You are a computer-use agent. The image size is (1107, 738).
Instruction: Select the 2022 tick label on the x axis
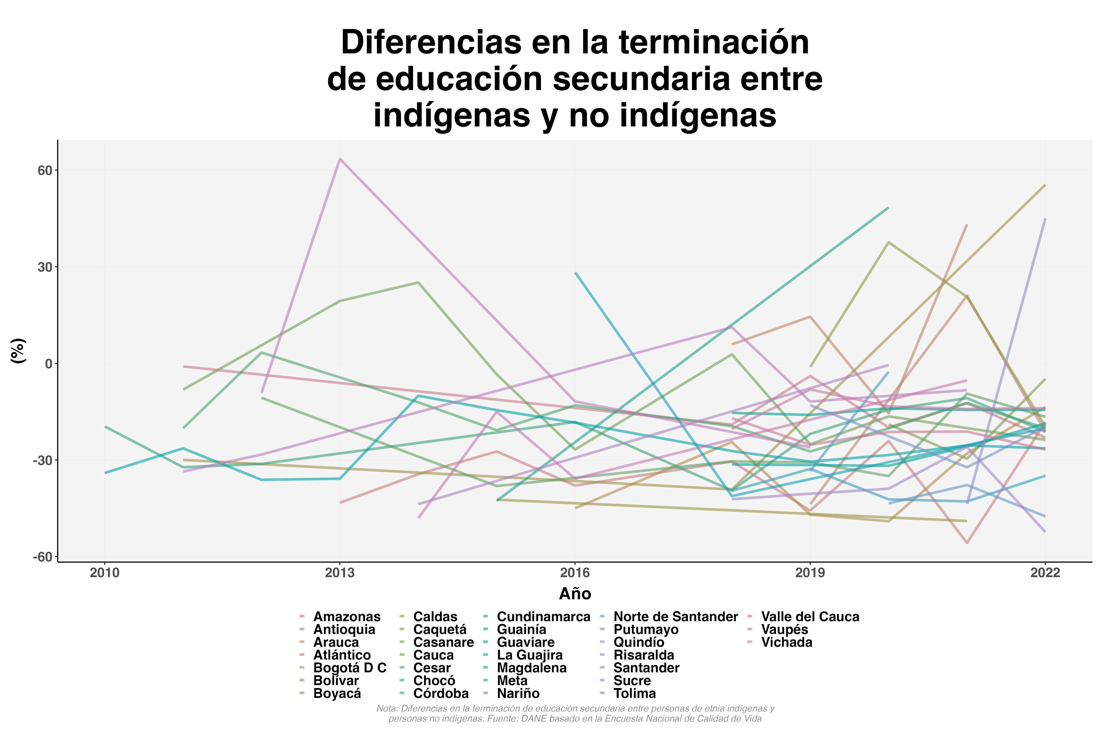pos(1045,573)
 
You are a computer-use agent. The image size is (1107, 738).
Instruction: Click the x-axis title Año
pos(575,594)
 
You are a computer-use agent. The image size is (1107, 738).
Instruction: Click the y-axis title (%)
pos(18,351)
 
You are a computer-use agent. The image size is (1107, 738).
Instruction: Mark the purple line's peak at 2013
pos(340,159)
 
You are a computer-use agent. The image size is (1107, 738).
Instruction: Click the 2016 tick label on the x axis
pos(575,573)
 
